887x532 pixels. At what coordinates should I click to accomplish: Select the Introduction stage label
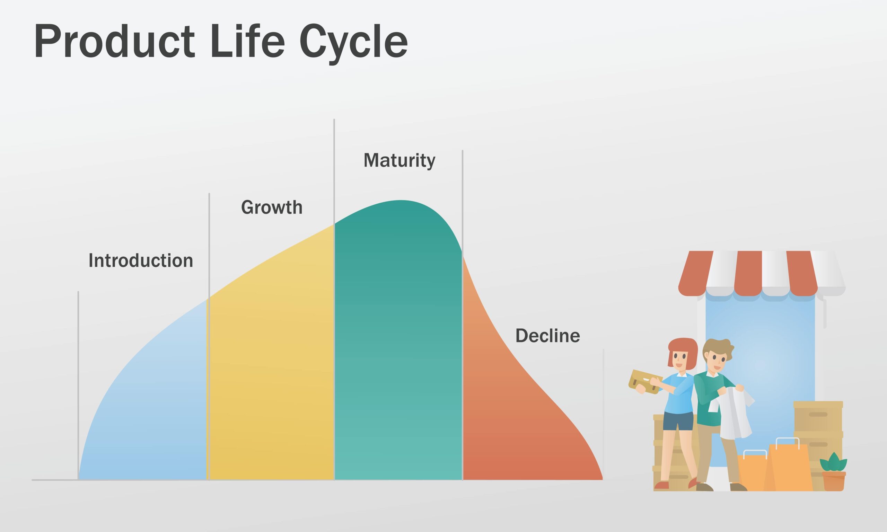tap(141, 260)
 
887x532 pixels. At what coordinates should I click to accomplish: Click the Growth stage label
tap(272, 207)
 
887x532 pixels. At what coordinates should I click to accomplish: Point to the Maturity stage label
tap(399, 160)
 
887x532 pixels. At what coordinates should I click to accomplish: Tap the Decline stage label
tap(547, 336)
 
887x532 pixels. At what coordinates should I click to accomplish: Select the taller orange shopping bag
tap(791, 468)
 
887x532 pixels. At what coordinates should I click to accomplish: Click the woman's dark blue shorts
tap(678, 421)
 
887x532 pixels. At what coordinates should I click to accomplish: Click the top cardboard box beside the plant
tap(818, 416)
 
